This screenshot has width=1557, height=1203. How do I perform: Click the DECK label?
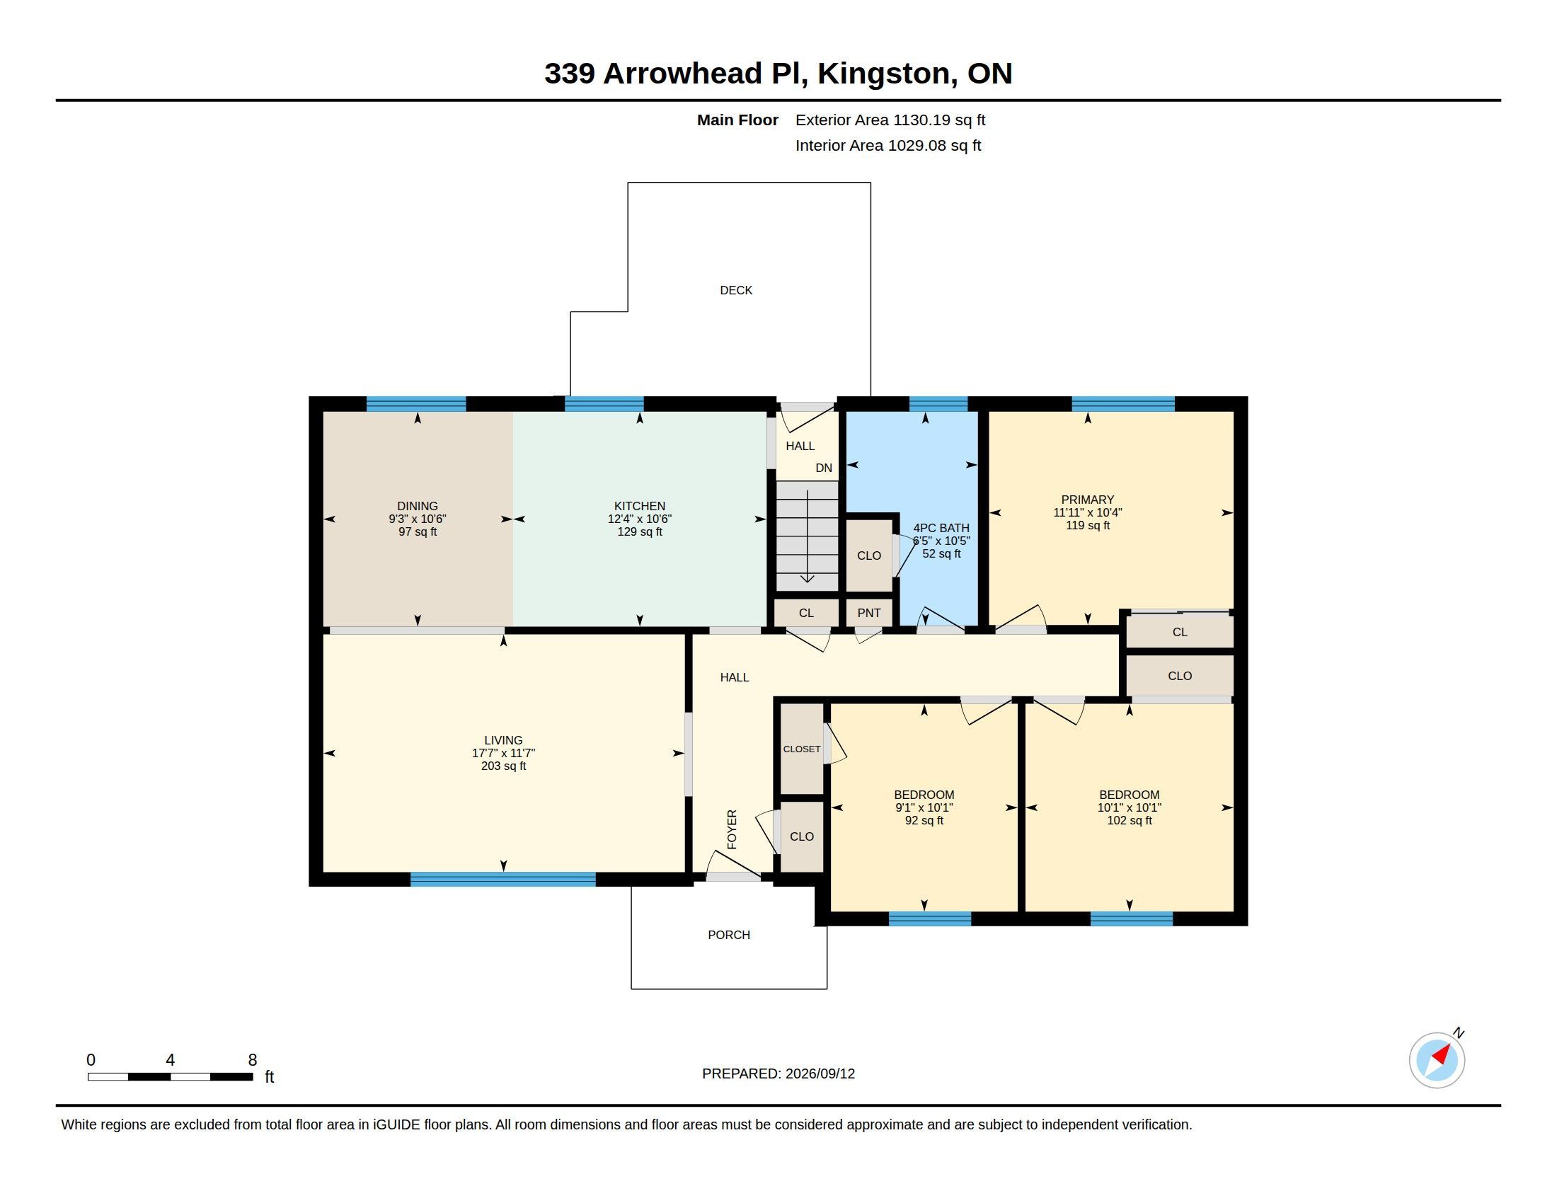pyautogui.click(x=736, y=290)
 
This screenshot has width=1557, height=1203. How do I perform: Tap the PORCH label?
pyautogui.click(x=728, y=934)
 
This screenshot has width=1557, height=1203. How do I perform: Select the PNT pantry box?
pyautogui.click(x=868, y=612)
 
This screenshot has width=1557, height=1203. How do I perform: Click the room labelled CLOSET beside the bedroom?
pyautogui.click(x=802, y=748)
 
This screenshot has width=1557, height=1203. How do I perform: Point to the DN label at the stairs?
pyautogui.click(x=823, y=468)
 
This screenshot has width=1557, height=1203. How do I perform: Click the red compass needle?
pyautogui.click(x=1442, y=1054)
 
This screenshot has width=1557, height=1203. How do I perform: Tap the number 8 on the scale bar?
pyautogui.click(x=253, y=1060)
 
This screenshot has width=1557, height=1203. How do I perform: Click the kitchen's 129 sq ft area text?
pyautogui.click(x=640, y=531)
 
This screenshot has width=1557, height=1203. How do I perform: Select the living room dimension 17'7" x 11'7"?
pyautogui.click(x=503, y=753)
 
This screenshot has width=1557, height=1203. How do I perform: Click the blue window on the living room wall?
pyautogui.click(x=502, y=880)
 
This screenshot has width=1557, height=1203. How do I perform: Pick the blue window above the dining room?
pyautogui.click(x=416, y=404)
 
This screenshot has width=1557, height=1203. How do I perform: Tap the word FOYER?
pyautogui.click(x=732, y=829)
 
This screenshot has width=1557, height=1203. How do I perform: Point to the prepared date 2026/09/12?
pyautogui.click(x=820, y=1074)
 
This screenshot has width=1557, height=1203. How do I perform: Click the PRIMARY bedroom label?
pyautogui.click(x=1087, y=500)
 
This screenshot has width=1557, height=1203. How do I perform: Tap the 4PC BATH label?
pyautogui.click(x=941, y=528)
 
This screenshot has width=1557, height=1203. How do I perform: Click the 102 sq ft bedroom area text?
pyautogui.click(x=1130, y=820)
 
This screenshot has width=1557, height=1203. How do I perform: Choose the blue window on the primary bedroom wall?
pyautogui.click(x=1123, y=404)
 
